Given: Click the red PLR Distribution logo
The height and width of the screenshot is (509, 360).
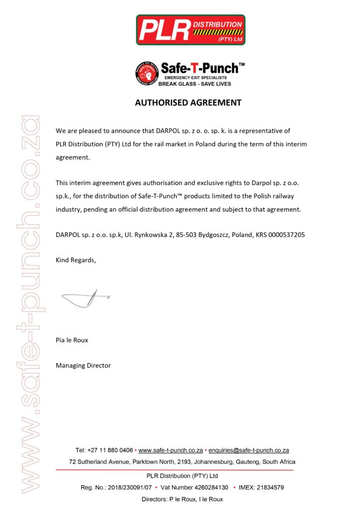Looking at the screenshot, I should [190, 30].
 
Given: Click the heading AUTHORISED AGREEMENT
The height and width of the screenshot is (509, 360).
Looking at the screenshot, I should [188, 103].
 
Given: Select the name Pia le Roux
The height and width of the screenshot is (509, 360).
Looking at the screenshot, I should [72, 340].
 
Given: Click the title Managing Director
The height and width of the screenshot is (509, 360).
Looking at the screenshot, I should [83, 365].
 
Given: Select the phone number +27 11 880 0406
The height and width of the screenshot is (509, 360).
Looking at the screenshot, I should [110, 450].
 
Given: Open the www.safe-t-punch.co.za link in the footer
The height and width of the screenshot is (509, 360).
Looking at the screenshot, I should [171, 450].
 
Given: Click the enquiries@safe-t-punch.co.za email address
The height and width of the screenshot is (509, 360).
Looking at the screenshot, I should [249, 450].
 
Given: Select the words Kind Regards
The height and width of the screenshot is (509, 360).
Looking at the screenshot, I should [76, 260].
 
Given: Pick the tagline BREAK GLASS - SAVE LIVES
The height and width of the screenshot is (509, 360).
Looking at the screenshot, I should [194, 84].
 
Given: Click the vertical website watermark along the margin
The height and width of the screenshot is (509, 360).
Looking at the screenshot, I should [28, 303].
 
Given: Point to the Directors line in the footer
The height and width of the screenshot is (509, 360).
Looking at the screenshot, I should [182, 499].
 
